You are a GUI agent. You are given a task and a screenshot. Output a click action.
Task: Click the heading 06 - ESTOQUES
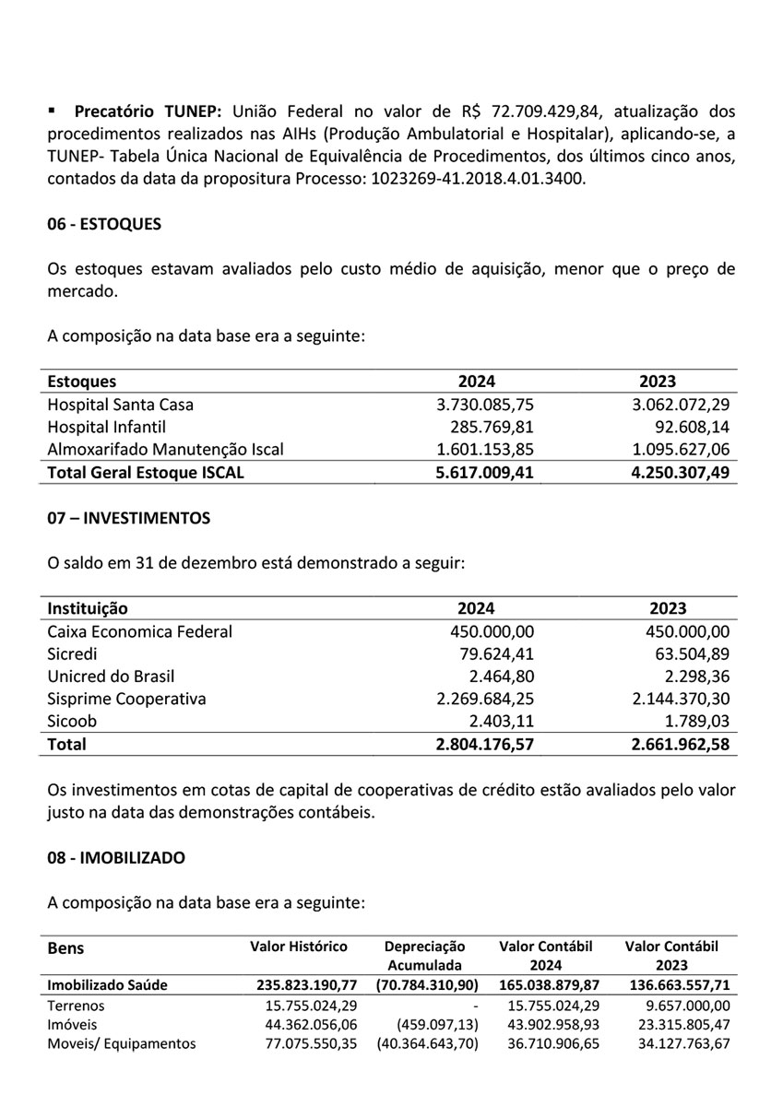104,224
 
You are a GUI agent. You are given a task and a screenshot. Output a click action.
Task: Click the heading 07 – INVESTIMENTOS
128,518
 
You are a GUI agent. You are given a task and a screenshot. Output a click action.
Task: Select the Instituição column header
88,608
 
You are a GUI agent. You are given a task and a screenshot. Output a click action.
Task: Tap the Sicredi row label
70,653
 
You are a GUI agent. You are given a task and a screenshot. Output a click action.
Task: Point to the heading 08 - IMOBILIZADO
116,857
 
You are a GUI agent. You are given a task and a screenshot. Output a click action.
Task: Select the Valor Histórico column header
299,947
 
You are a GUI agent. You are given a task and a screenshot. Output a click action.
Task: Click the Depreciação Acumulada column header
424,956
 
